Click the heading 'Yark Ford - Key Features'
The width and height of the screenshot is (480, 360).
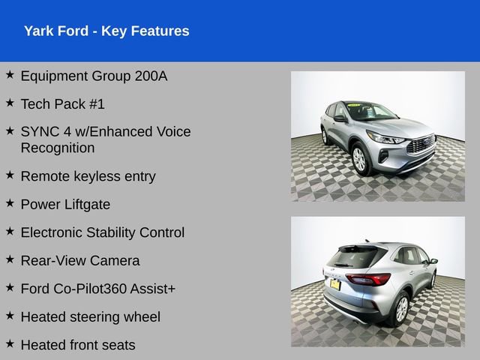point(106,31)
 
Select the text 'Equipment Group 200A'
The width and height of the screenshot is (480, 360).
point(94,76)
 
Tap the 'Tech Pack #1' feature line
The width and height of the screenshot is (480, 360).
point(63,104)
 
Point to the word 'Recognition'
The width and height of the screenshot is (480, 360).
point(58,148)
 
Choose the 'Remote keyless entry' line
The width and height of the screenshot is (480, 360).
point(88,176)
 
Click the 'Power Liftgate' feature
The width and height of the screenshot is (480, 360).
point(65,204)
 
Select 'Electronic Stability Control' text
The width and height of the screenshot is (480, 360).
point(102,232)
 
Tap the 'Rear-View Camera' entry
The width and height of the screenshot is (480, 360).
point(79,261)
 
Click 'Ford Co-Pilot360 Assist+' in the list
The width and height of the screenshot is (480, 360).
point(98,289)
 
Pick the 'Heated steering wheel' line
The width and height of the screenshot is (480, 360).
point(90,317)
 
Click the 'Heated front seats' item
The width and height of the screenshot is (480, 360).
point(78,345)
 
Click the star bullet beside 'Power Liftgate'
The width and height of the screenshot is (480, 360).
point(10,203)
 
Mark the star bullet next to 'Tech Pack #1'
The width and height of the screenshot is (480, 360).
point(10,103)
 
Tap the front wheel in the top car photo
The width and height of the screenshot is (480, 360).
point(359,159)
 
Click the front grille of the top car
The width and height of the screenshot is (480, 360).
point(421,144)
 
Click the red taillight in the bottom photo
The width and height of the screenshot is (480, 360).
point(369,279)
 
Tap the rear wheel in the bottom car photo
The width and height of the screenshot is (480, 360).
point(400,307)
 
